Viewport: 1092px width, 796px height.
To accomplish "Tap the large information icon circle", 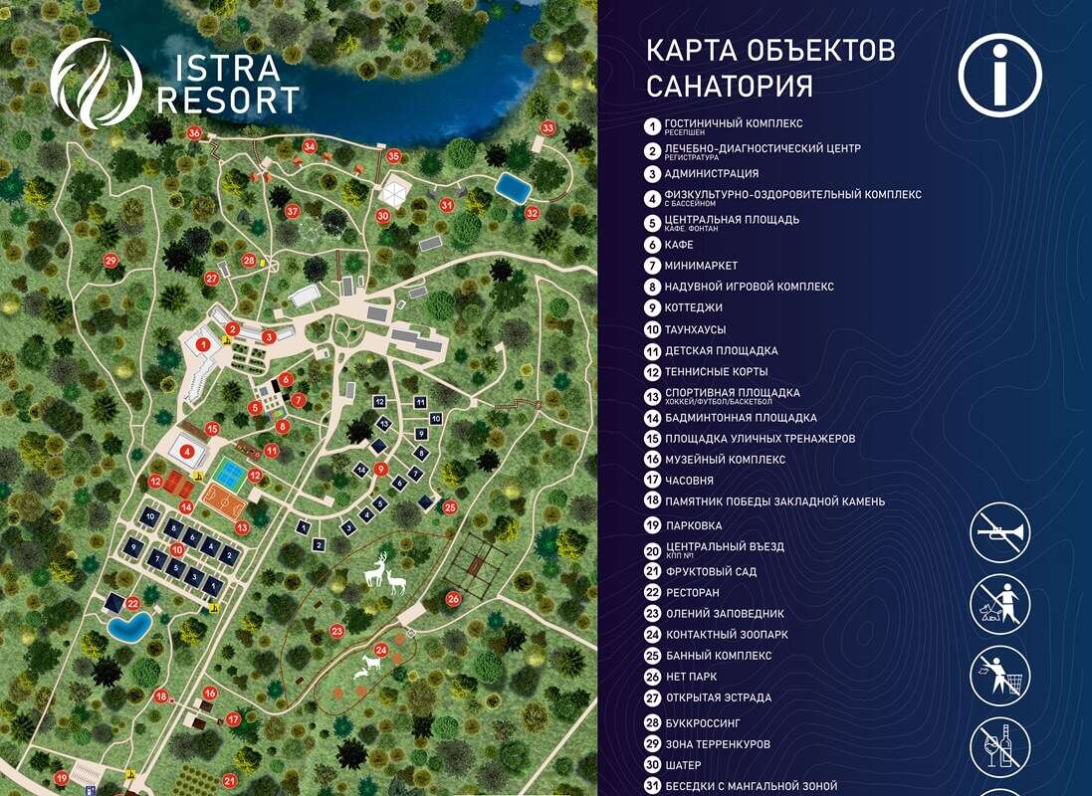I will (x=999, y=76).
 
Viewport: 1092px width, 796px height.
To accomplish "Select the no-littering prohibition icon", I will (x=999, y=675).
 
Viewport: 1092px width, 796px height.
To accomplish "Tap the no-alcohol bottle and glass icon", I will (x=999, y=746).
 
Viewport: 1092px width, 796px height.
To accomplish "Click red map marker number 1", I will (x=203, y=344).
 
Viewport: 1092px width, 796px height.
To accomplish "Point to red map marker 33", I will (x=546, y=128).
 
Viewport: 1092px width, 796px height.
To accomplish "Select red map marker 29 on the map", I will (x=110, y=261).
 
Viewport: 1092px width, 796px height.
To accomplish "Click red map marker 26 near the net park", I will (x=453, y=599).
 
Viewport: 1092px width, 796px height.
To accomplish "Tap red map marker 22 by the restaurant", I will (x=131, y=603).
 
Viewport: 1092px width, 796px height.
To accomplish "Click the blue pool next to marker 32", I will (x=513, y=187).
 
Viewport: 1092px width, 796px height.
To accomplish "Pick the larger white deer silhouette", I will (x=376, y=572).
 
